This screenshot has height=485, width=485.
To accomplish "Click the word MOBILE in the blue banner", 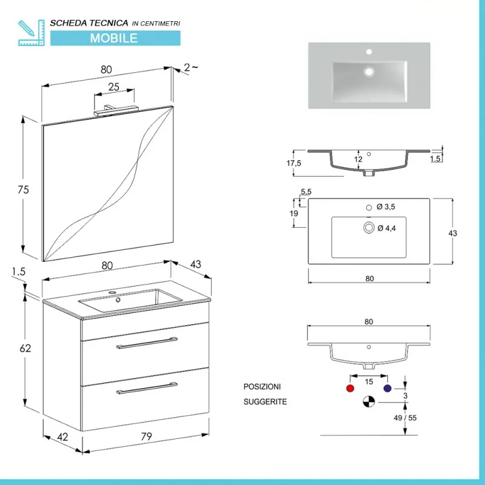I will tap(114, 38).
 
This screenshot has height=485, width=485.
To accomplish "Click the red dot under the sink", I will tap(349, 388).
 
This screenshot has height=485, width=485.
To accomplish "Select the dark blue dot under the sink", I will tap(387, 388).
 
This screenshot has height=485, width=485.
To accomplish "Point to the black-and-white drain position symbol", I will tap(369, 401).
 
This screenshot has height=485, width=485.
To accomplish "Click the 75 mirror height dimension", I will tap(24, 190).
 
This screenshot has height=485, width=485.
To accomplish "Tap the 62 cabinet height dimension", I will tap(25, 348).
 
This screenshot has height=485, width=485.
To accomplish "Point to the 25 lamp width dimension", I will tap(113, 87).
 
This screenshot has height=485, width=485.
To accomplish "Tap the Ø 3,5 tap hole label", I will tap(386, 207).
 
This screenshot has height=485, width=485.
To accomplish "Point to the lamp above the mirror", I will tap(117, 110).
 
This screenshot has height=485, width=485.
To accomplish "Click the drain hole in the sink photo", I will tap(367, 71).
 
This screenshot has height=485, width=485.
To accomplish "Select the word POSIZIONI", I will tap(263, 387).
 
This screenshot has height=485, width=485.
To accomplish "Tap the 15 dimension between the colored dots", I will tap(368, 381).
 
